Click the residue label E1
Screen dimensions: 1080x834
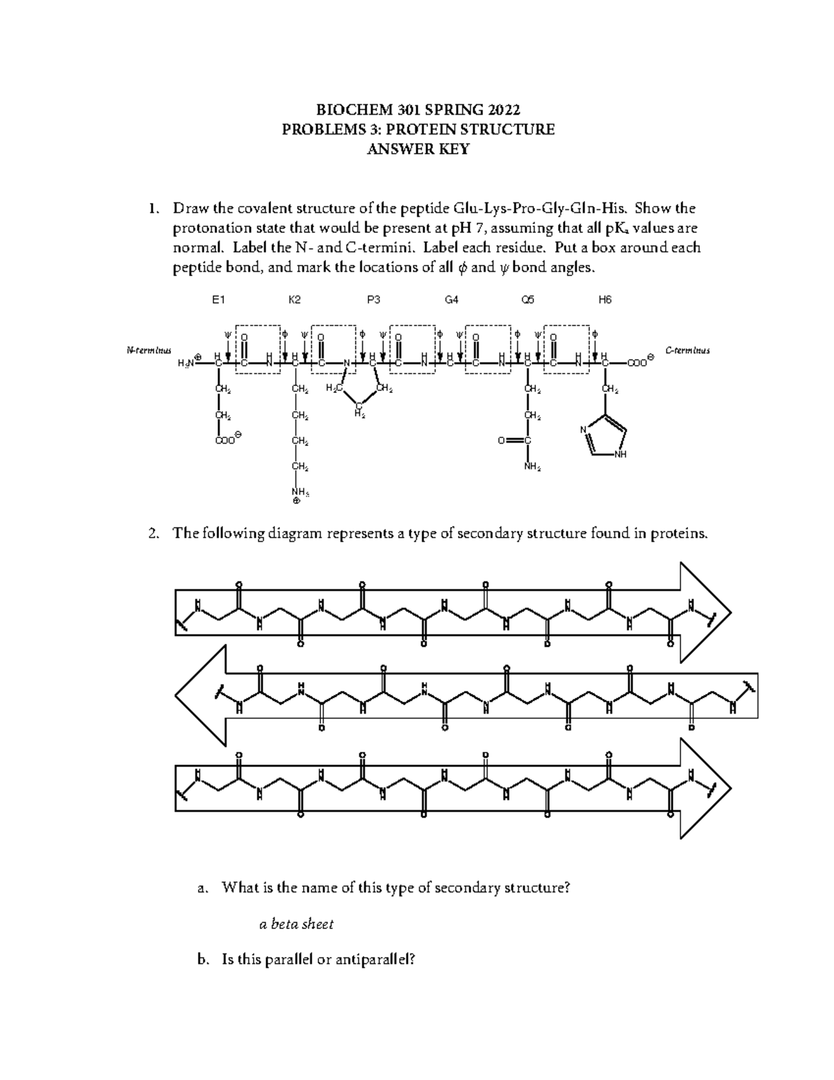coord(219,300)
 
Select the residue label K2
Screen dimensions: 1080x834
coord(295,300)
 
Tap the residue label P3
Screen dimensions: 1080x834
coord(373,300)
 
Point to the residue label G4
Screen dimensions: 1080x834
coord(452,300)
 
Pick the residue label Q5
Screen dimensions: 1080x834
coord(528,300)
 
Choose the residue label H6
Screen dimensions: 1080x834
coord(605,300)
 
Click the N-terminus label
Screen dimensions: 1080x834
coord(148,350)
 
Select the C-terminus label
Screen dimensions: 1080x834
coord(687,350)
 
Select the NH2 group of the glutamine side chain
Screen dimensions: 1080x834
coord(532,467)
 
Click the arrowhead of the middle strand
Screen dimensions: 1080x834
coord(200,695)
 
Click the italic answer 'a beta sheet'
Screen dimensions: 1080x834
coord(296,924)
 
